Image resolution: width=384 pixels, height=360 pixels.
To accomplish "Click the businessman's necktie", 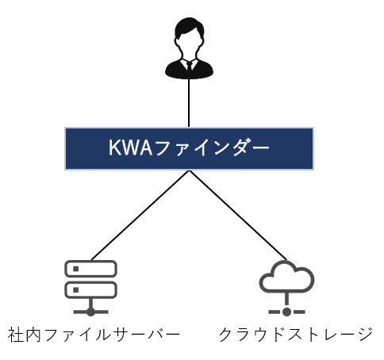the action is coord(190,66).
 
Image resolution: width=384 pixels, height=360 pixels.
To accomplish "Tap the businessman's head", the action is coord(189,34).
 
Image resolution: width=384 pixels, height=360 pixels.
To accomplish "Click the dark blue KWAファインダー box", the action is coord(189,148).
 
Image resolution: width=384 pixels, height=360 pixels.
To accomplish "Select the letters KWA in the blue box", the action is coord(131,147).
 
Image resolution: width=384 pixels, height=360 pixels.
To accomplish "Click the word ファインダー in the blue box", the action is coord(211,147).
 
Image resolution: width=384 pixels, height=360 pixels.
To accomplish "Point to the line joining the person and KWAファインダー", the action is coord(189,103).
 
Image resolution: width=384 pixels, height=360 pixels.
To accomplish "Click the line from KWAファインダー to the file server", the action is coord(140,215).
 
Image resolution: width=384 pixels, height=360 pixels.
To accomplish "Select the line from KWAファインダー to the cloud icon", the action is coord(238,215).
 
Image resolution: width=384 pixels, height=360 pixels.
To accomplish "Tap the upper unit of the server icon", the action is coord(90,269).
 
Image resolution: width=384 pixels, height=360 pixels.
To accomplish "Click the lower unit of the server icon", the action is coord(90,290).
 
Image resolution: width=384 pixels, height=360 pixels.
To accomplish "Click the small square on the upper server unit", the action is coord(76,269).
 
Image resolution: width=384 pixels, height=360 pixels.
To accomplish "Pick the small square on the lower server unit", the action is coord(76,290).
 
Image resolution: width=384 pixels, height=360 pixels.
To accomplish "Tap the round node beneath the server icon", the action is coord(90,312).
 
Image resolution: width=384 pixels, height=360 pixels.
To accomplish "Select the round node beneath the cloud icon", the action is coord(286,312).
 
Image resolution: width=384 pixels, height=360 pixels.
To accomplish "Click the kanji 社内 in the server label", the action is coord(25,335).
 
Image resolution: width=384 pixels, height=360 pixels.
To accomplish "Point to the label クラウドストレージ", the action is coord(296,335).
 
